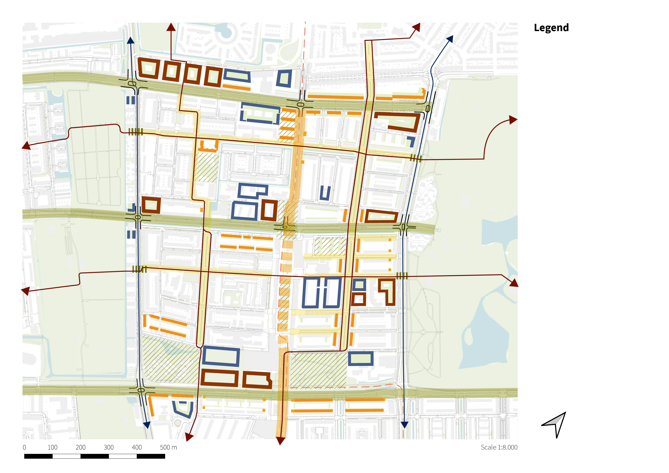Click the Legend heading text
pyautogui.click(x=551, y=28)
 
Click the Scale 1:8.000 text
pyautogui.click(x=499, y=447)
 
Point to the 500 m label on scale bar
pyautogui.click(x=168, y=447)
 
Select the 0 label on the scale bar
pyautogui.click(x=24, y=447)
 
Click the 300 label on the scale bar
pyautogui.click(x=109, y=447)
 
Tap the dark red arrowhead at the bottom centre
pyautogui.click(x=280, y=441)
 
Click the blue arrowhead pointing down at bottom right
pyautogui.click(x=404, y=424)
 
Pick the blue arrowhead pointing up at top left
pyautogui.click(x=131, y=40)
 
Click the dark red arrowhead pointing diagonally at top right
pyautogui.click(x=416, y=27)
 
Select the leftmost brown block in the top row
pyautogui.click(x=149, y=68)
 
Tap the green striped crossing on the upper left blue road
pyautogui.click(x=136, y=132)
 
